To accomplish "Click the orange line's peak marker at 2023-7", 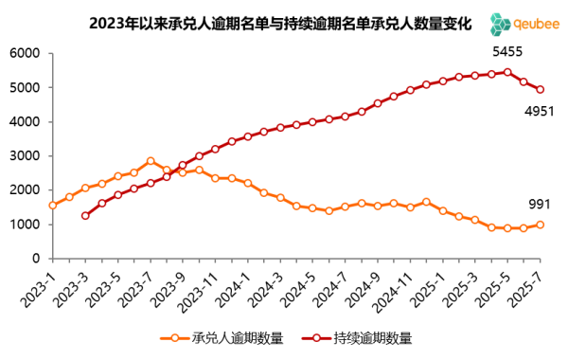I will [151, 161].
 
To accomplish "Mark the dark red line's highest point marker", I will [507, 72].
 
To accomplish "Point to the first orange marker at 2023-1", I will [52, 205].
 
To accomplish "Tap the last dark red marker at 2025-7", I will [541, 89].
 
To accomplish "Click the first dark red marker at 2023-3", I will [85, 216].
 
